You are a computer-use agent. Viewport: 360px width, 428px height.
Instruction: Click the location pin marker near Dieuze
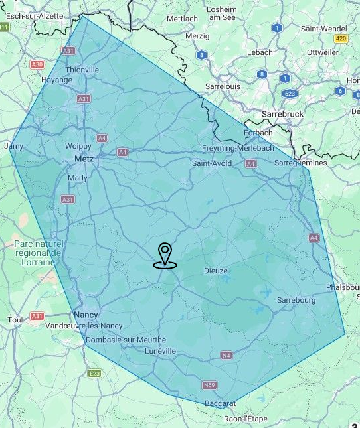point(165,255)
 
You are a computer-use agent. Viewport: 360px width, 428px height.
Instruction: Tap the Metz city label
point(83,159)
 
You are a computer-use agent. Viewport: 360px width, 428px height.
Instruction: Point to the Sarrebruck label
point(282,114)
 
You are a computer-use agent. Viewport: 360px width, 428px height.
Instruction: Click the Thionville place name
point(82,70)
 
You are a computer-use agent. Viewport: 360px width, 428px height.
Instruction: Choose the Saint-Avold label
point(213,163)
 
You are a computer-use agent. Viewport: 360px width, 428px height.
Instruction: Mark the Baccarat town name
point(221,403)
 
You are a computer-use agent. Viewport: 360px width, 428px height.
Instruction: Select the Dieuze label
point(215,271)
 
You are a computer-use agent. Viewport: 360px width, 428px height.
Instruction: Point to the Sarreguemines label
point(301,162)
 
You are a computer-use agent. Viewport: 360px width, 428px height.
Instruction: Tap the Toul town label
point(15,319)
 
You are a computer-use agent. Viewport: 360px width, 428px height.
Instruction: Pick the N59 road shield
point(209,385)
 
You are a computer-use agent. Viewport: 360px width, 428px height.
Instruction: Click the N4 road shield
point(227,356)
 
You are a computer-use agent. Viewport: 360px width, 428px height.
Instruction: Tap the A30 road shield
point(37,64)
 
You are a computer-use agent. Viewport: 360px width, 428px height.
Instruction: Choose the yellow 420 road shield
point(341,39)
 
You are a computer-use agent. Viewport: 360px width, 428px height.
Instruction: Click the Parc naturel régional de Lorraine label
point(37,253)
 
